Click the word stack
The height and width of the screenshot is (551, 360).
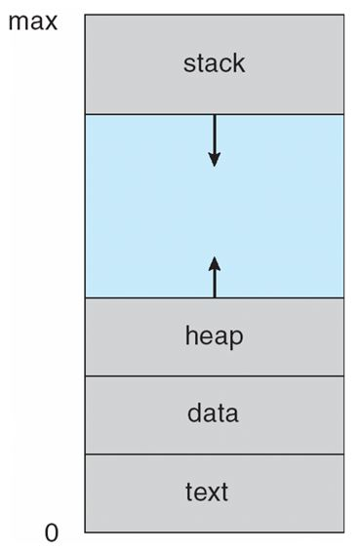[214, 64]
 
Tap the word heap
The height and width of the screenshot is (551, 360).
[214, 336]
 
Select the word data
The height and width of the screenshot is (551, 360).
[214, 413]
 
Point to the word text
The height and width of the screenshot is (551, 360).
[214, 491]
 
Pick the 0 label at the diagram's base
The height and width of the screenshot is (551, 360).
[52, 532]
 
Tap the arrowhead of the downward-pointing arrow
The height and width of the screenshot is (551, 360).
[214, 158]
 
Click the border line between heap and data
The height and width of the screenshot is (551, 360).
[214, 375]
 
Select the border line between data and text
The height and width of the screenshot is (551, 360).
[214, 453]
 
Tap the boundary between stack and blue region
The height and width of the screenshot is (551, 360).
[146, 114]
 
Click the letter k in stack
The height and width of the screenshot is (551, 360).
[239, 64]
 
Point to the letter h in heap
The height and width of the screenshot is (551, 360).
[190, 336]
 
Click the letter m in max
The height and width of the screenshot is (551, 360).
[17, 21]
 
